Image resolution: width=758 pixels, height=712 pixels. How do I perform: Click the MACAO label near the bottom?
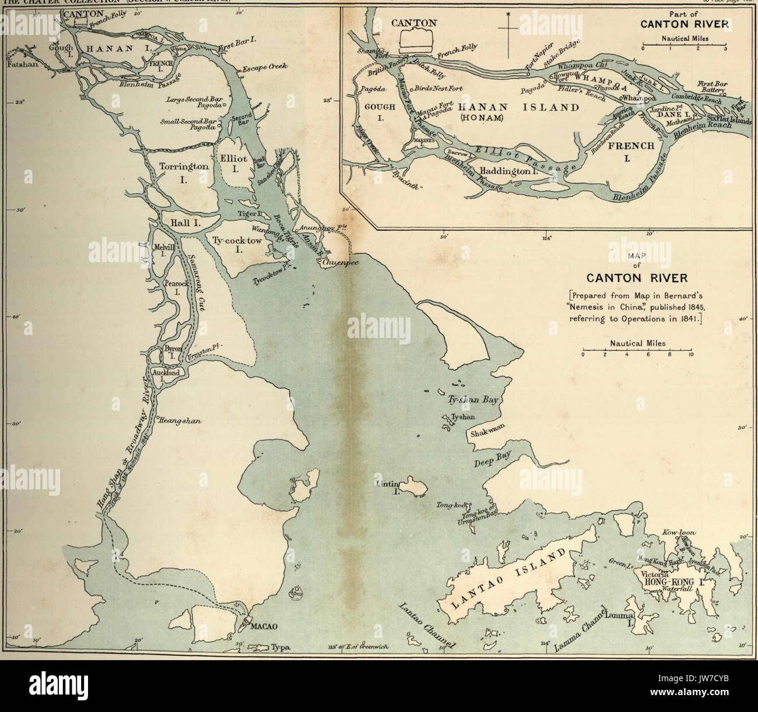[x=263, y=627]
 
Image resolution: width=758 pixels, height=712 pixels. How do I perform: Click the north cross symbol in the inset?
[x=507, y=26]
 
